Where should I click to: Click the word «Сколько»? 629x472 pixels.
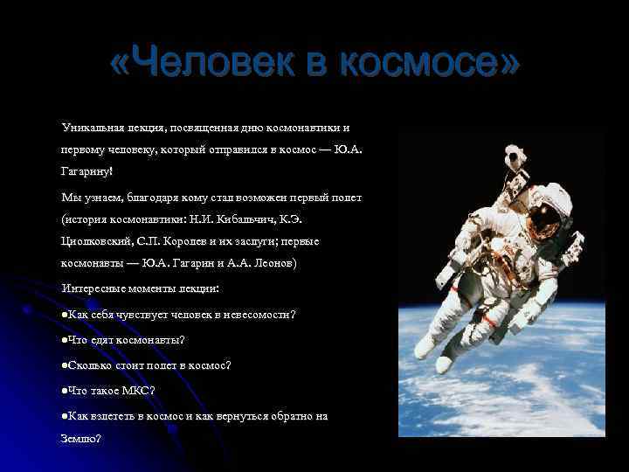[x=90, y=364]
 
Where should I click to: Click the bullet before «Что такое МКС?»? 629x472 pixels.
[x=66, y=390]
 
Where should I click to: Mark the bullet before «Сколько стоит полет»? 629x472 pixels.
[x=66, y=364]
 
